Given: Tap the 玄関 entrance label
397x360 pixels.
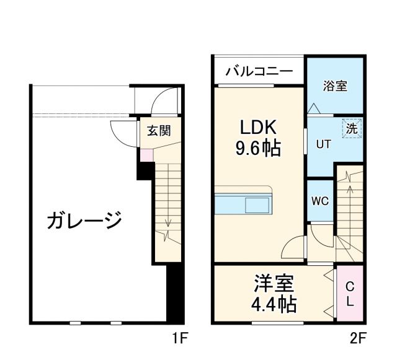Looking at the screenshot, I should (x=159, y=131).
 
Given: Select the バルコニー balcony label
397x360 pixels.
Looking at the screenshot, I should (x=259, y=71).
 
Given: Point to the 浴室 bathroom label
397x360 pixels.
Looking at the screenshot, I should (x=335, y=86).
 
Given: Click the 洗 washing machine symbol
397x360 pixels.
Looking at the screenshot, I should (x=352, y=130).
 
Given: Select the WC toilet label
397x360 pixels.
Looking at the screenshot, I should (x=320, y=202).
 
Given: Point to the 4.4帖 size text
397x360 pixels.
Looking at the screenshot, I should (x=274, y=304).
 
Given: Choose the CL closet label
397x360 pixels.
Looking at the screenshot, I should (x=349, y=294).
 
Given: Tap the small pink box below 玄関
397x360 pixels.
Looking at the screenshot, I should (x=146, y=155).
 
